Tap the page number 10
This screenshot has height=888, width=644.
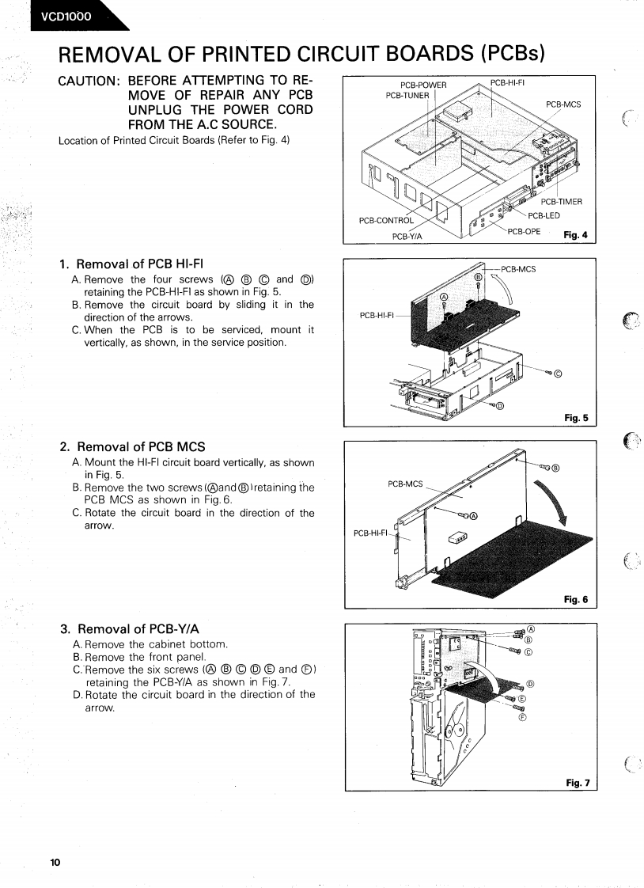[55, 862]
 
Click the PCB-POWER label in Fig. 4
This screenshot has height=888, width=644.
[423, 85]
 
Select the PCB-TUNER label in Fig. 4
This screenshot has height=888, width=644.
[407, 96]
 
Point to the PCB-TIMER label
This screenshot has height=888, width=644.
[562, 202]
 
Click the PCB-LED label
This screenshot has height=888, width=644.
[544, 216]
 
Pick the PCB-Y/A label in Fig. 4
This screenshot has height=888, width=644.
[407, 236]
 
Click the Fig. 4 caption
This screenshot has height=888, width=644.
[575, 235]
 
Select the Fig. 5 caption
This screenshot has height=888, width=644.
[575, 419]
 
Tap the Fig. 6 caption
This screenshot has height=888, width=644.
[575, 599]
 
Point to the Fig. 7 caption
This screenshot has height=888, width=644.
[578, 783]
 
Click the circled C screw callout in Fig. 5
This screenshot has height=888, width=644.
[558, 374]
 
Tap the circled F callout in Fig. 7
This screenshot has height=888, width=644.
[522, 717]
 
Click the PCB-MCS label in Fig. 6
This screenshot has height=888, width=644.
[405, 484]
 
